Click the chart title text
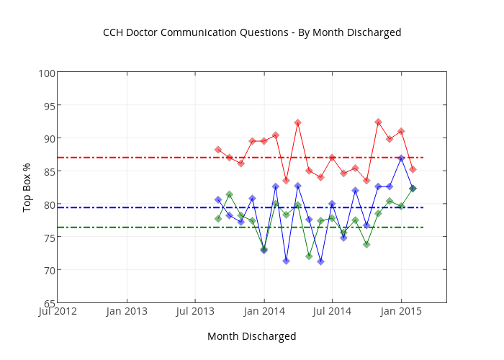[252, 32]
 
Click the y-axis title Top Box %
[27, 187]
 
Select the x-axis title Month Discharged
[251, 336]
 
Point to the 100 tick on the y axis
[47, 73]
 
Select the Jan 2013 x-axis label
[127, 312]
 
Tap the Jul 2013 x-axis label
[195, 312]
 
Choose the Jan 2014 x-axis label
[264, 312]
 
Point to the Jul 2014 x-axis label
[332, 312]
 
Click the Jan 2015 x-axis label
[401, 312]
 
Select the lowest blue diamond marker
[320, 261]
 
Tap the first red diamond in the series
[218, 150]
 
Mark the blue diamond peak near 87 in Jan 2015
[401, 158]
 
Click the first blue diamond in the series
[218, 199]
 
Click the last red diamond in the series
[413, 169]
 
